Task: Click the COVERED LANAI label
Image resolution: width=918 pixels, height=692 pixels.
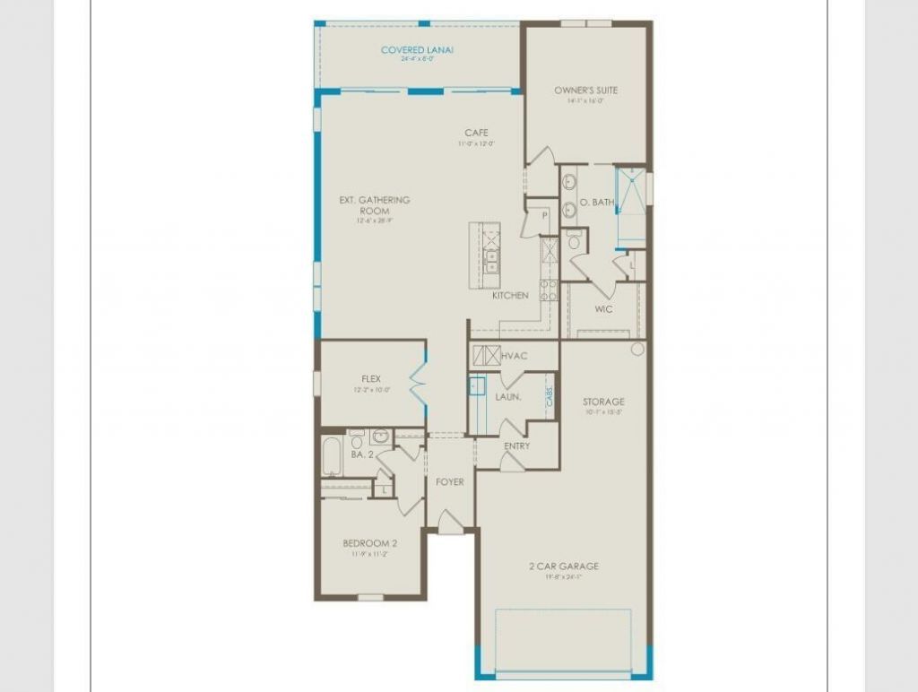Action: coord(417,50)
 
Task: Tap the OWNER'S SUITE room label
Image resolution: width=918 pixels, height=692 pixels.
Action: coord(585,91)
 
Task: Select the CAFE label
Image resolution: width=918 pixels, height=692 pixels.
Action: coord(476,134)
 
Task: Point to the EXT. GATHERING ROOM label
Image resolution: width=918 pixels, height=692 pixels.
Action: coord(374,205)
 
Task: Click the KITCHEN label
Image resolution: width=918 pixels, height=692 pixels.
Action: coord(510,296)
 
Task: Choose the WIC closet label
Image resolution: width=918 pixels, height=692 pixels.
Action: coord(603,309)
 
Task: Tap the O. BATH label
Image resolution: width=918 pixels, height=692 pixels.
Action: coord(597,203)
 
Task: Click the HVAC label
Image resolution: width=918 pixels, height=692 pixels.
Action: coord(515,357)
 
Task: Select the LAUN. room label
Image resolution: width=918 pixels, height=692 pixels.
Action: coord(508,396)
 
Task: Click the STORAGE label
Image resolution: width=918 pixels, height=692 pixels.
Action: coord(603,402)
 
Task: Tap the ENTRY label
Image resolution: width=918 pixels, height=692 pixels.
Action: coord(516,445)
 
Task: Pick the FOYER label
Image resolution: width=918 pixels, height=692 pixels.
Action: coord(450,482)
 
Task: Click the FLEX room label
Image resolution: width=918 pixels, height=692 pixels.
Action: coord(371,379)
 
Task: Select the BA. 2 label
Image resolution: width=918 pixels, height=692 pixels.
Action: coord(362,455)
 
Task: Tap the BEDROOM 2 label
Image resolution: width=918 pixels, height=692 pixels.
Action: coord(369,543)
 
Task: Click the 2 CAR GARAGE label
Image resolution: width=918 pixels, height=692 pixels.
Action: coord(565,567)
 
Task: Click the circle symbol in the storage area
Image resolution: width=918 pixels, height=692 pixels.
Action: coord(637,349)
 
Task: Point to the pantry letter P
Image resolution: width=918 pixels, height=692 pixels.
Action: coord(543,216)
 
